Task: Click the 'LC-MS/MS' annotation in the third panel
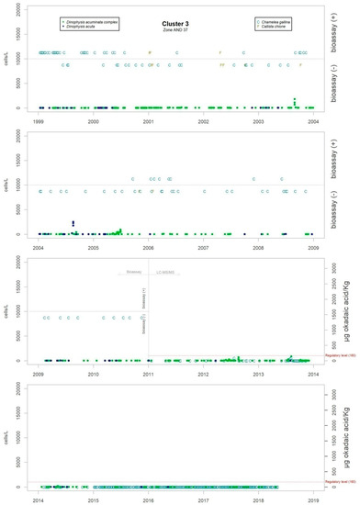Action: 165,274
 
